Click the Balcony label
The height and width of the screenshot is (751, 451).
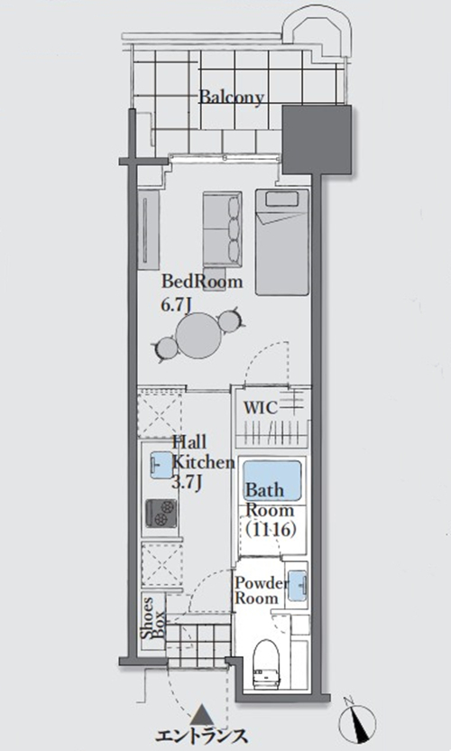[x=231, y=97]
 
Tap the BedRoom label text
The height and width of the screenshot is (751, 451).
[x=201, y=281]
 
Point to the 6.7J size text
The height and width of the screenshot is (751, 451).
[x=177, y=305]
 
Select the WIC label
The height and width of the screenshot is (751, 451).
[x=261, y=408]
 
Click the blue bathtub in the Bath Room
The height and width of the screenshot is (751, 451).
[x=272, y=480]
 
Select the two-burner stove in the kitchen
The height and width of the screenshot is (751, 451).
[x=161, y=513]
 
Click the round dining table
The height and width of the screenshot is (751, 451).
[x=198, y=335]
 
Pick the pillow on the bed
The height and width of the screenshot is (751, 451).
[x=282, y=199]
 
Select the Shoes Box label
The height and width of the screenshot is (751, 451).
[x=153, y=617]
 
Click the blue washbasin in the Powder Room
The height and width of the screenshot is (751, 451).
[x=298, y=584]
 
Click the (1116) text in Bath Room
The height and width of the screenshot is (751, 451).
[x=270, y=530]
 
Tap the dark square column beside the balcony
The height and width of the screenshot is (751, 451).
[x=317, y=140]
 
